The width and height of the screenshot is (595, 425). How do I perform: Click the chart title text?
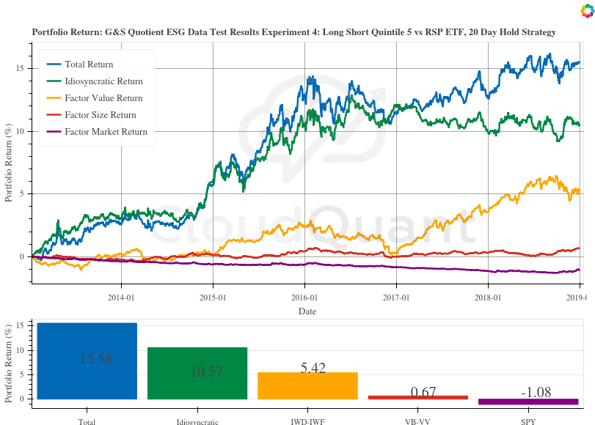[293, 32]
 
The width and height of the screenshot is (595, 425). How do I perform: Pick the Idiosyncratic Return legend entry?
[103, 81]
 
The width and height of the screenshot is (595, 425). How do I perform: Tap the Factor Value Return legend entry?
[103, 98]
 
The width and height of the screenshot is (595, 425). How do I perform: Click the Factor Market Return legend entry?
[106, 132]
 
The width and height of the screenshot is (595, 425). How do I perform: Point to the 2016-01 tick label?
[304, 298]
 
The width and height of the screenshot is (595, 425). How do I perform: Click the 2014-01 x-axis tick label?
[121, 298]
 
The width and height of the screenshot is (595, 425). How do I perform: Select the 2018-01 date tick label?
[488, 298]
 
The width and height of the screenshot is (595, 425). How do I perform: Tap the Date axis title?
[307, 311]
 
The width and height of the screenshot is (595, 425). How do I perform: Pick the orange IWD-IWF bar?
[307, 385]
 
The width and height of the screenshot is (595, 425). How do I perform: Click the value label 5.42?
[313, 368]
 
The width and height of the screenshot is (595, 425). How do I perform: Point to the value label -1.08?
[536, 393]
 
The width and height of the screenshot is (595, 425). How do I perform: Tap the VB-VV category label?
[417, 421]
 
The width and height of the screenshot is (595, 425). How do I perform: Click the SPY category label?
[528, 421]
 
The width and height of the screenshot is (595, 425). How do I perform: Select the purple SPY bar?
[528, 402]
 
